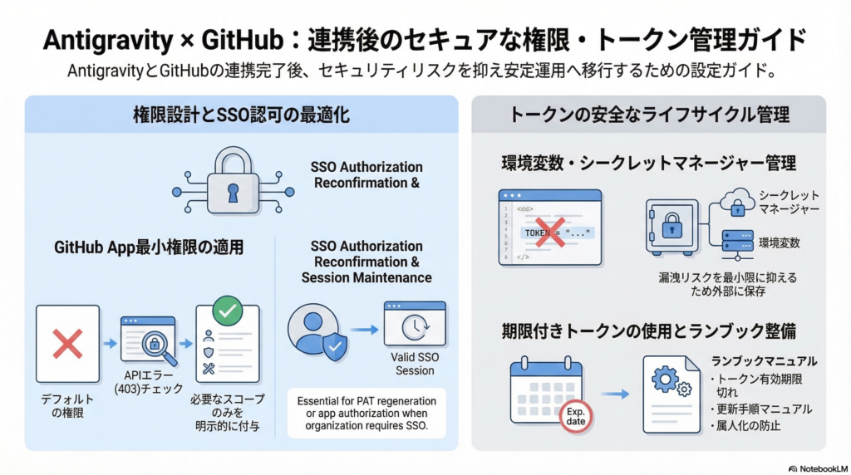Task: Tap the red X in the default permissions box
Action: pyautogui.click(x=67, y=344)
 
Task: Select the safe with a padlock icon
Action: pyautogui.click(x=671, y=226)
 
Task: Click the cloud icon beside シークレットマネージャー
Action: pyautogui.click(x=738, y=199)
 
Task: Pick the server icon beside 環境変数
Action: pyautogui.click(x=738, y=242)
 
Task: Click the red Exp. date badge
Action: pyautogui.click(x=575, y=415)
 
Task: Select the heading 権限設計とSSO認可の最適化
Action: pyautogui.click(x=242, y=115)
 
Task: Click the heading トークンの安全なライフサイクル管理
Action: pyautogui.click(x=649, y=115)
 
